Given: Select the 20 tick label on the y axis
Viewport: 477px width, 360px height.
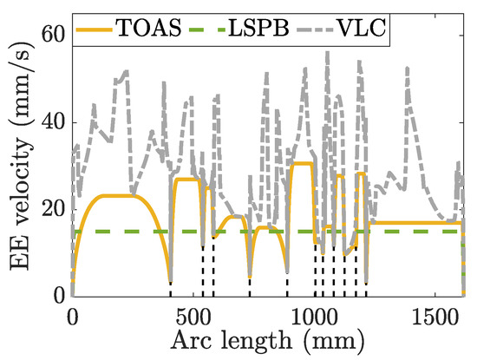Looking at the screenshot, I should pyautogui.click(x=52, y=209).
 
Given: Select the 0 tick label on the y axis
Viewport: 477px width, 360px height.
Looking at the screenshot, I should pyautogui.click(x=58, y=296).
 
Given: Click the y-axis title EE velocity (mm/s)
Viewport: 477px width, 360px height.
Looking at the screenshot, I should pyautogui.click(x=19, y=165).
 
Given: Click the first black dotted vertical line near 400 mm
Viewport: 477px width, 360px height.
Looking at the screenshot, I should pyautogui.click(x=170, y=290).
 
